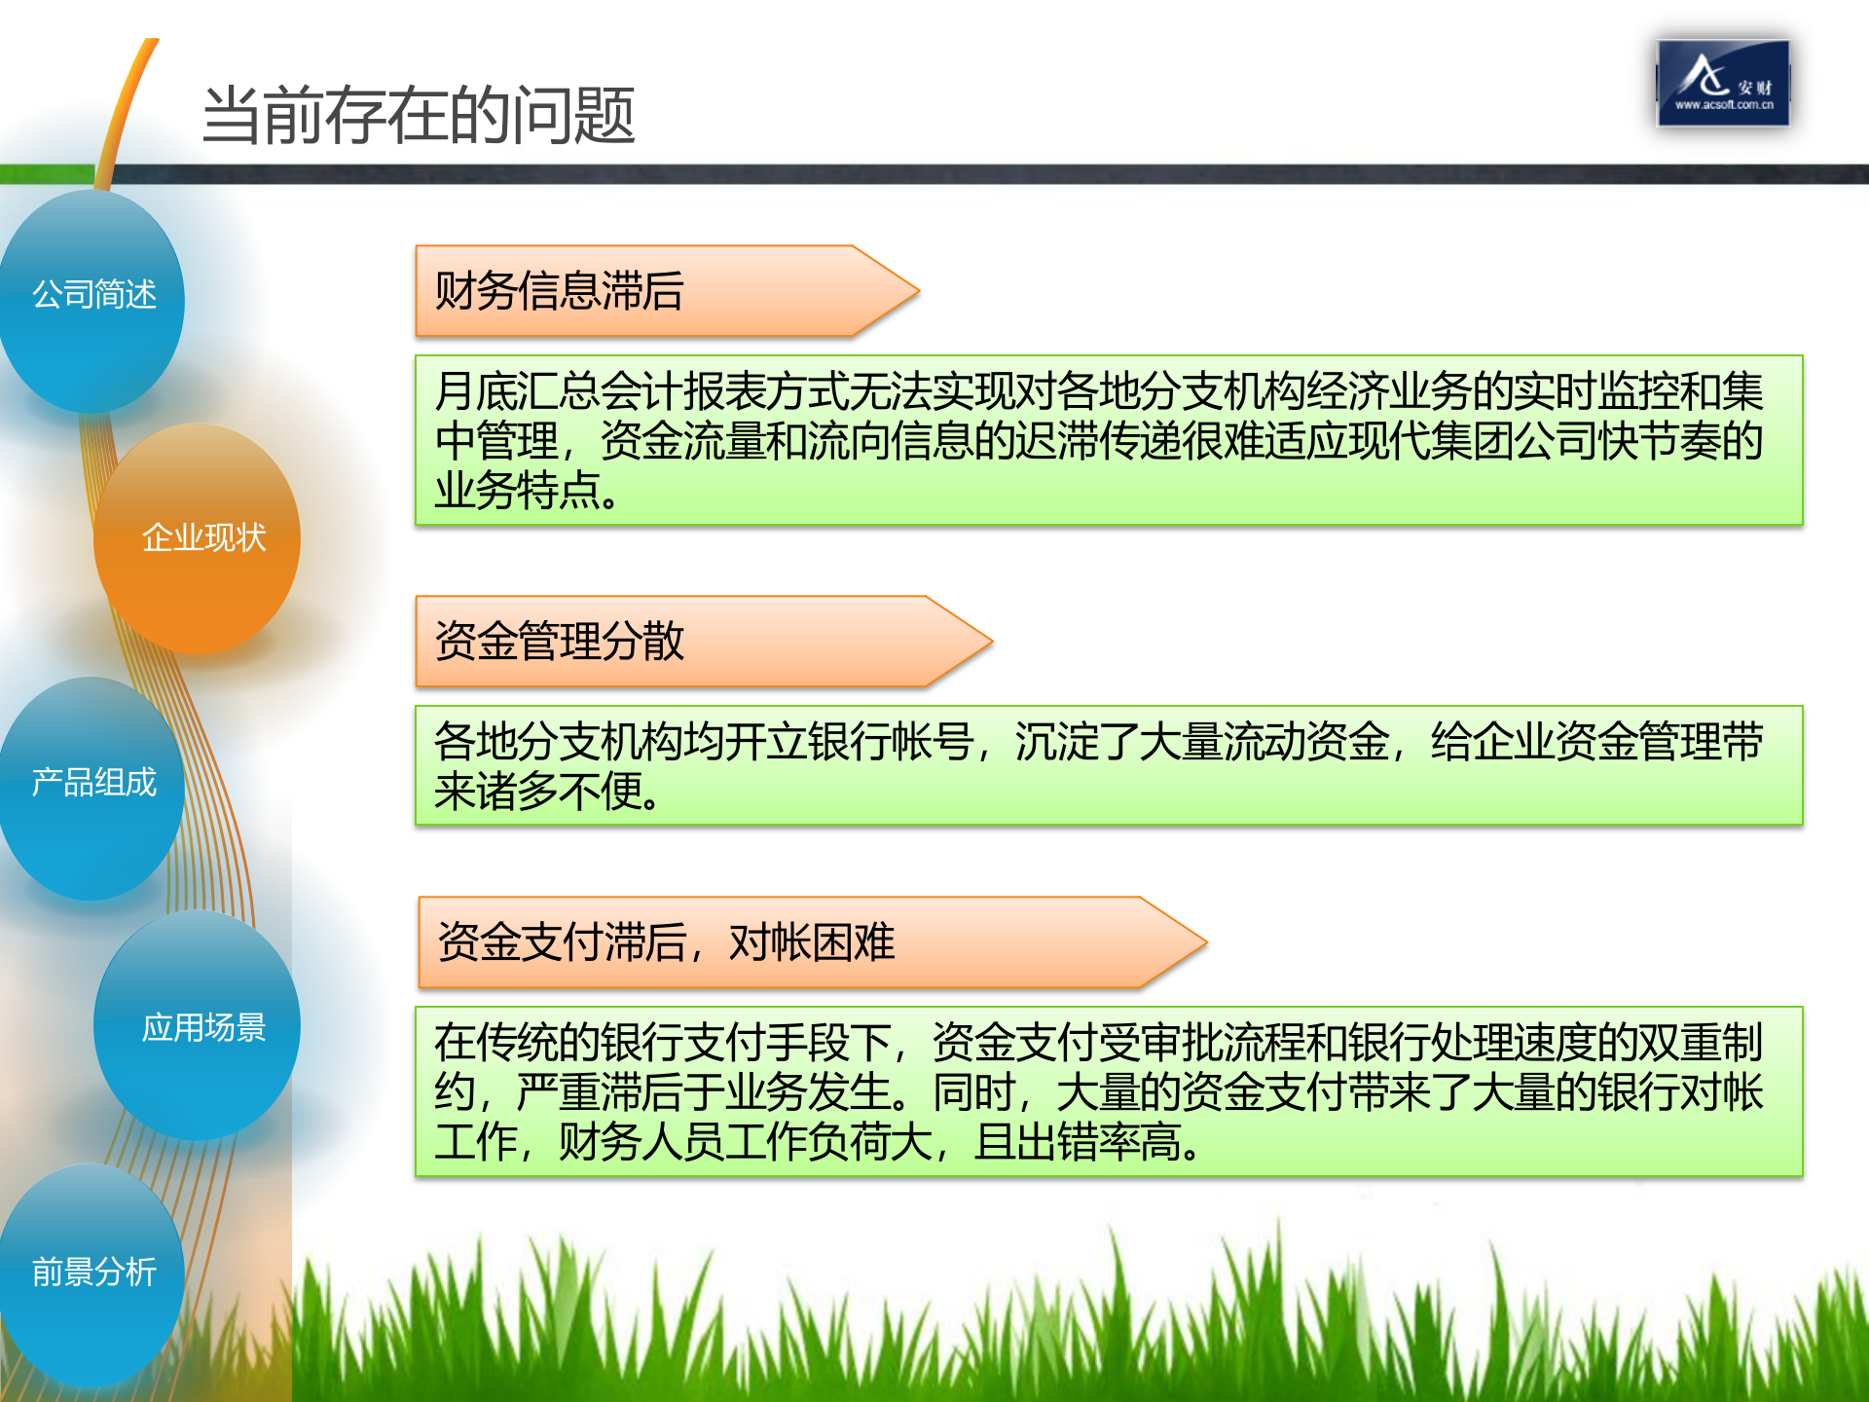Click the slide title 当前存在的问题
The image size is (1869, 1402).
click(x=419, y=116)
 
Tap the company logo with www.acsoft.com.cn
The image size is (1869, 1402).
click(x=1723, y=84)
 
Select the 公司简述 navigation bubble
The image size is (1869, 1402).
click(x=93, y=294)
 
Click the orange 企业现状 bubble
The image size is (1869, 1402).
click(x=202, y=537)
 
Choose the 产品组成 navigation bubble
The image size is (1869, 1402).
click(x=93, y=783)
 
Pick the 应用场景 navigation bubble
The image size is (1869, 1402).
click(x=202, y=1027)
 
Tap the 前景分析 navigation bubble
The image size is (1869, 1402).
click(x=93, y=1272)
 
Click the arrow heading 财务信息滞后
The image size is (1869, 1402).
click(x=559, y=291)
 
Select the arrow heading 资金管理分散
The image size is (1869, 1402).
click(x=559, y=642)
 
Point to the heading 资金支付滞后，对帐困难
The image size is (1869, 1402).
click(x=666, y=942)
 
